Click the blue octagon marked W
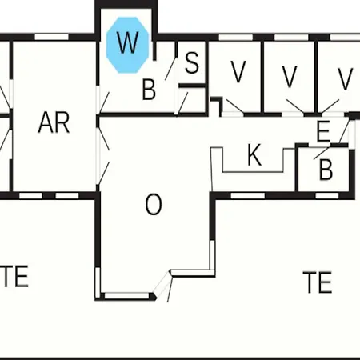(127, 45)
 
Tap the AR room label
(54, 122)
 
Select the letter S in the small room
(192, 62)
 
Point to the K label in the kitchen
(254, 154)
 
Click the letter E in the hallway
(323, 131)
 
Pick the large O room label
(154, 204)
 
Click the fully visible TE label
(317, 282)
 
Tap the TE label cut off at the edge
(14, 276)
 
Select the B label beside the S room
(149, 90)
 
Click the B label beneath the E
(326, 170)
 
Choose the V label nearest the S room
(238, 72)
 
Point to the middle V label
(290, 77)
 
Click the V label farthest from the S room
(346, 78)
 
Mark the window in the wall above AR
(52, 37)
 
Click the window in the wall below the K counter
(248, 196)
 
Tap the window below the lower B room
(327, 196)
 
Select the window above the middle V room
(291, 37)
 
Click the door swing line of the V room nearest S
(235, 106)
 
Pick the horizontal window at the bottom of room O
(126, 296)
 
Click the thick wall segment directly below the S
(192, 86)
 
